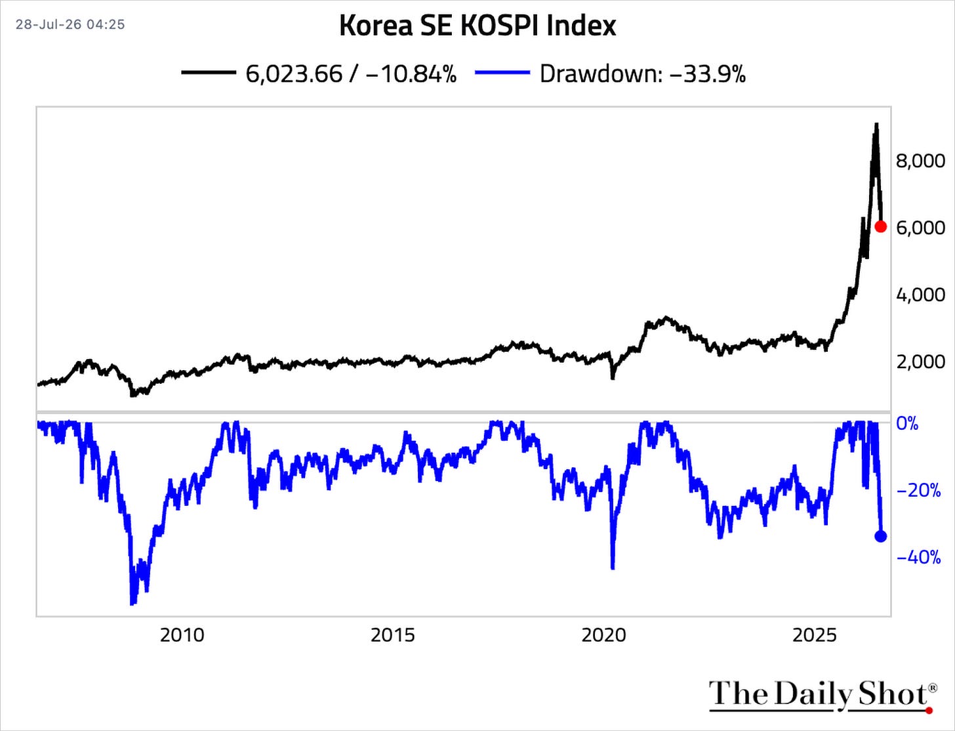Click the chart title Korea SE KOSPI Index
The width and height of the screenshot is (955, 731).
coord(477,26)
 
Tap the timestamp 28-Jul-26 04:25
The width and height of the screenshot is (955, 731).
coord(70,24)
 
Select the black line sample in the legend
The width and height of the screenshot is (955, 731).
coord(209,72)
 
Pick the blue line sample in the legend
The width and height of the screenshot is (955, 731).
coord(502,72)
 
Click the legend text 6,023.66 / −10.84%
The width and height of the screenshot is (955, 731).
coord(351,73)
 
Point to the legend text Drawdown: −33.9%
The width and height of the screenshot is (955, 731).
coord(643,73)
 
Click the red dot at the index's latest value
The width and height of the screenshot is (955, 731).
coord(881,226)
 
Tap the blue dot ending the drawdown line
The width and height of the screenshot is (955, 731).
coord(881,536)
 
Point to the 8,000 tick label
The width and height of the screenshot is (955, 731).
coord(920,161)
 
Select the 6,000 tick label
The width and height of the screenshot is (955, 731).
coord(920,228)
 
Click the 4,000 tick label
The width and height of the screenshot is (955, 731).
coord(920,295)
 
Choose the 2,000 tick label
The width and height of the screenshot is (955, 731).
coord(920,362)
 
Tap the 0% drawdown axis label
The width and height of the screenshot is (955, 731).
coord(907,423)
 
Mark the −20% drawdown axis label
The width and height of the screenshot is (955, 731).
coord(918,491)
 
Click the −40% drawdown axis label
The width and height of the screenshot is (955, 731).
coord(918,557)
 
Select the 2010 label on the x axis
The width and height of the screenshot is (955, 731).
coord(182,635)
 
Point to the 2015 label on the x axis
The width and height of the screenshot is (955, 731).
coord(392,635)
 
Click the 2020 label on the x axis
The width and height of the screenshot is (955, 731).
coord(603,635)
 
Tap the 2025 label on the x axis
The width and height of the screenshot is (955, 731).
coord(815,635)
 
